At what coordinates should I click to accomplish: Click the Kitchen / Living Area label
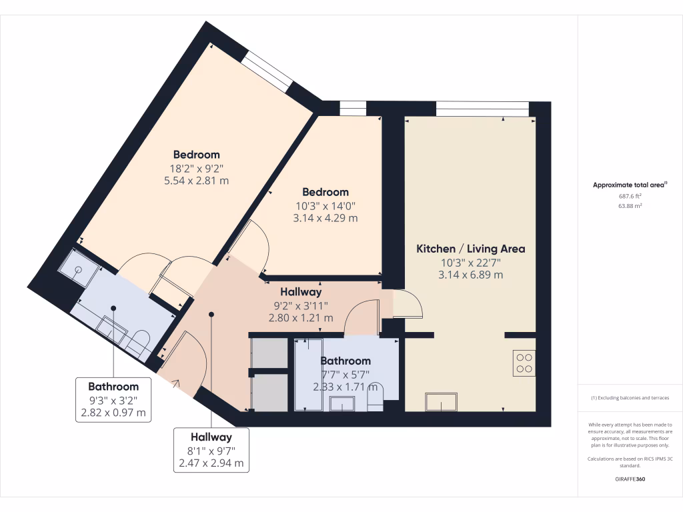click(470, 249)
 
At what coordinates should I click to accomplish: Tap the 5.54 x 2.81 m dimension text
click(196, 180)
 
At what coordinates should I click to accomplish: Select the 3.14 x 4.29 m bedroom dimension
click(325, 218)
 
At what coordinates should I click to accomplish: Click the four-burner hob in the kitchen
click(524, 362)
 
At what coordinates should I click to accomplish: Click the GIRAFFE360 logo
click(630, 479)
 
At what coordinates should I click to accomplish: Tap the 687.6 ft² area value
click(630, 196)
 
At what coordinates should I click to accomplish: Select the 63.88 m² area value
click(630, 206)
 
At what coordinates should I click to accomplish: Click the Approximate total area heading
click(630, 185)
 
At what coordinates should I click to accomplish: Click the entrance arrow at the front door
click(176, 383)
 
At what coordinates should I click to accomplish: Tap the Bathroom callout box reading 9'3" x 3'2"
click(113, 399)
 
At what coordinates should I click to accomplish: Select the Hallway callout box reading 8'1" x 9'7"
click(211, 450)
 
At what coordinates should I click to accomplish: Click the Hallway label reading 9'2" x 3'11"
click(301, 292)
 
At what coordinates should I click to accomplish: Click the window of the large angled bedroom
click(266, 71)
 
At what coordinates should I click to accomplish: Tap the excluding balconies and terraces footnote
click(630, 398)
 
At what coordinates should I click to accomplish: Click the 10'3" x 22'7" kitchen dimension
click(470, 262)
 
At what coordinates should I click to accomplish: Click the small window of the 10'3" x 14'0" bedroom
click(352, 107)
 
